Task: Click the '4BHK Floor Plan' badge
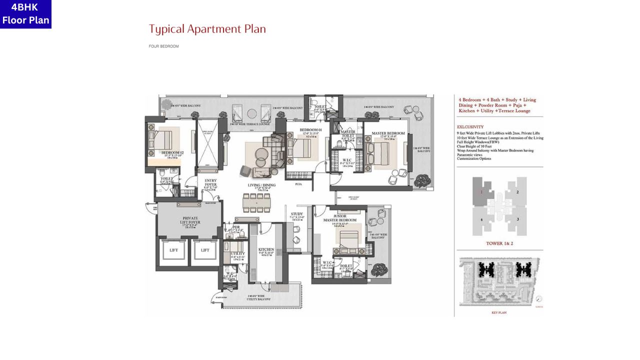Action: pos(25,14)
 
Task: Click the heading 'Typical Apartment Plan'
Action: pos(207,29)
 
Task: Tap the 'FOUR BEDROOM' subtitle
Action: pos(163,46)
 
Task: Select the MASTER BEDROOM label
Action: pos(387,134)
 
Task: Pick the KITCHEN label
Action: pos(265,250)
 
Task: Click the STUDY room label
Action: pos(297,215)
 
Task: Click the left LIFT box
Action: pos(173,250)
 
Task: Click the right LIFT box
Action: pos(205,250)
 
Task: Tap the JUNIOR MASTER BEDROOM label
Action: pos(344,218)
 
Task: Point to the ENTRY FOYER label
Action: pos(210,183)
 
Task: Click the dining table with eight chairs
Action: pos(256,202)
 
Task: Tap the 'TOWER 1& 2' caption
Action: pos(499,243)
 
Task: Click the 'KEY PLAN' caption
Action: pos(499,312)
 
